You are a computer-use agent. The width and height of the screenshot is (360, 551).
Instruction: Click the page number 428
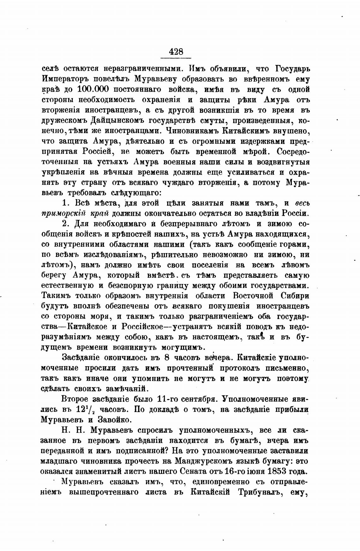coord(176,51)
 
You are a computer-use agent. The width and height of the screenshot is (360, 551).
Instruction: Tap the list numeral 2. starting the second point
coord(66,224)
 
